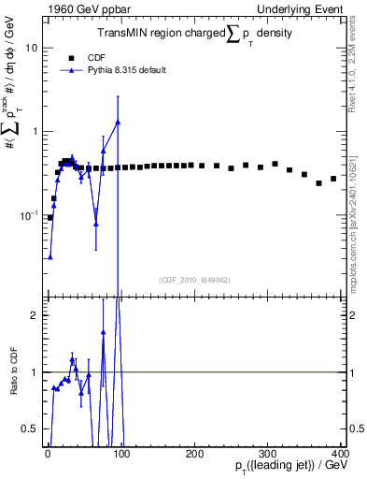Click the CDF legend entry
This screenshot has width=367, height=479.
pyautogui.click(x=82, y=57)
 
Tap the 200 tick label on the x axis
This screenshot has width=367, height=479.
pyautogui.click(x=194, y=453)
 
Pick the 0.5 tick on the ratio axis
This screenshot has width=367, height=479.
pyautogui.click(x=30, y=429)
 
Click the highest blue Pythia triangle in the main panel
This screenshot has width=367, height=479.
pyautogui.click(x=118, y=122)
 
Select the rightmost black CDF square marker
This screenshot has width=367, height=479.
pyautogui.click(x=333, y=179)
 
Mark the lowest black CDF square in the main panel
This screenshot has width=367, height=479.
pyautogui.click(x=50, y=217)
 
